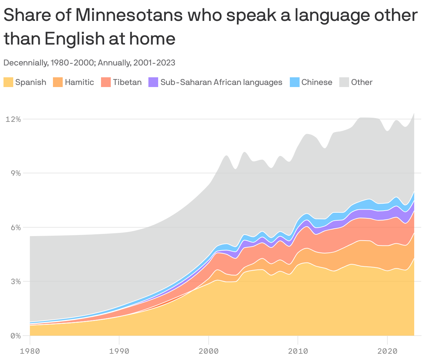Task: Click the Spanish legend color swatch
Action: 8,82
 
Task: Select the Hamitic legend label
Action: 79,82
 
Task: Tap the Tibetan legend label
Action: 127,82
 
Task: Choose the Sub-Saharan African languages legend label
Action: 221,82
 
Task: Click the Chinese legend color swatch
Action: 295,82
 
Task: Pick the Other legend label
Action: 362,82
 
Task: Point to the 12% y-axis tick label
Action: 13,119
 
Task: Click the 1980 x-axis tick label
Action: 30,351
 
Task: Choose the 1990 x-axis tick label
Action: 119,351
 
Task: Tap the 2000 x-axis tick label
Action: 208,351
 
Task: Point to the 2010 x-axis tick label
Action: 298,351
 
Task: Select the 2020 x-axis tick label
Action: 387,351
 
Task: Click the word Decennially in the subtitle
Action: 25,63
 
